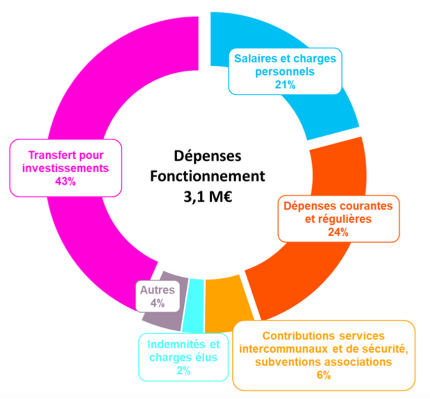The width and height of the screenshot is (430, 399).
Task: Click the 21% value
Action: (285, 85)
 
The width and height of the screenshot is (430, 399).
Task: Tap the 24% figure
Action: (338, 232)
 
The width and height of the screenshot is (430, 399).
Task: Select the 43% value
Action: (65, 181)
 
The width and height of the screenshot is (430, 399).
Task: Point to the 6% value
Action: (324, 375)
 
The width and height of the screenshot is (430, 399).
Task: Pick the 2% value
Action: (183, 371)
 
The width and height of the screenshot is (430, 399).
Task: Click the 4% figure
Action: (157, 303)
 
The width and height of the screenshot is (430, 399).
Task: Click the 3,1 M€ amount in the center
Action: (208, 197)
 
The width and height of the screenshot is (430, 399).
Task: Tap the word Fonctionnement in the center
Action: (208, 176)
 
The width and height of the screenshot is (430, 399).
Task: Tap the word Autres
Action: (157, 290)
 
